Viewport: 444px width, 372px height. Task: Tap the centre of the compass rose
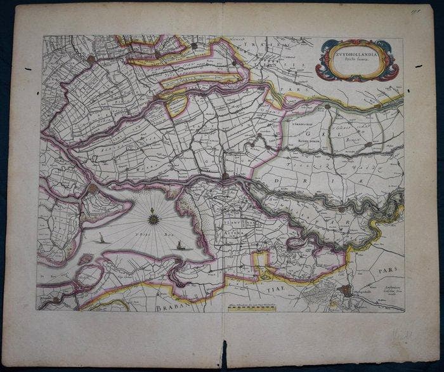[x=153, y=220]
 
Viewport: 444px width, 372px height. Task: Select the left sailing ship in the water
[x=101, y=239]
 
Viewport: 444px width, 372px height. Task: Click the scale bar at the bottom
[x=253, y=308]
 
